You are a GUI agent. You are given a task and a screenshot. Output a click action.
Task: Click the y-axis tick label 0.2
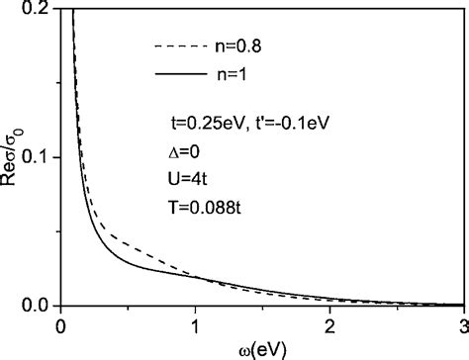coord(39,10)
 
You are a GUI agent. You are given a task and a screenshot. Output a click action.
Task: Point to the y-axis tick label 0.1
coord(39,157)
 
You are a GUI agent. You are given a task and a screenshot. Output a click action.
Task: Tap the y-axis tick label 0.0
coord(39,305)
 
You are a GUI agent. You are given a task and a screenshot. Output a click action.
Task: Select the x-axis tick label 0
coord(62,324)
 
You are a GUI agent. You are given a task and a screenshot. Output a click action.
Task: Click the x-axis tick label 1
coord(196,324)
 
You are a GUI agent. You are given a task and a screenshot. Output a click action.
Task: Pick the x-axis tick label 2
coord(329,324)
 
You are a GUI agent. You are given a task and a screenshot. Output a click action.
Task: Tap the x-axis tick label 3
coord(462,324)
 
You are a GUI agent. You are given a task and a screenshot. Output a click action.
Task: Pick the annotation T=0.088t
coord(203,208)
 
